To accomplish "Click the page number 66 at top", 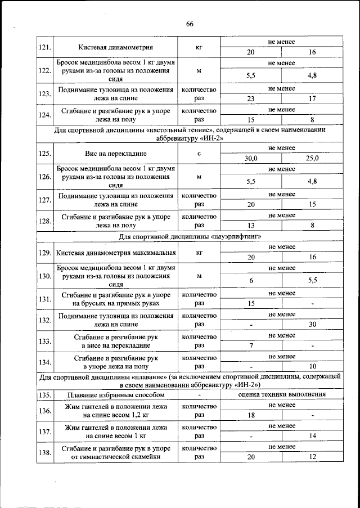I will click(190, 24).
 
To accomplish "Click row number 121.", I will click(44, 47).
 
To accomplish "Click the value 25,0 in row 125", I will click(313, 158).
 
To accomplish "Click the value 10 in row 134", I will click(313, 366).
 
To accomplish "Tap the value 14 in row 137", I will click(313, 436).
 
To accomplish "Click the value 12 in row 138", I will click(313, 457).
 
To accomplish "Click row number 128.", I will click(44, 221).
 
